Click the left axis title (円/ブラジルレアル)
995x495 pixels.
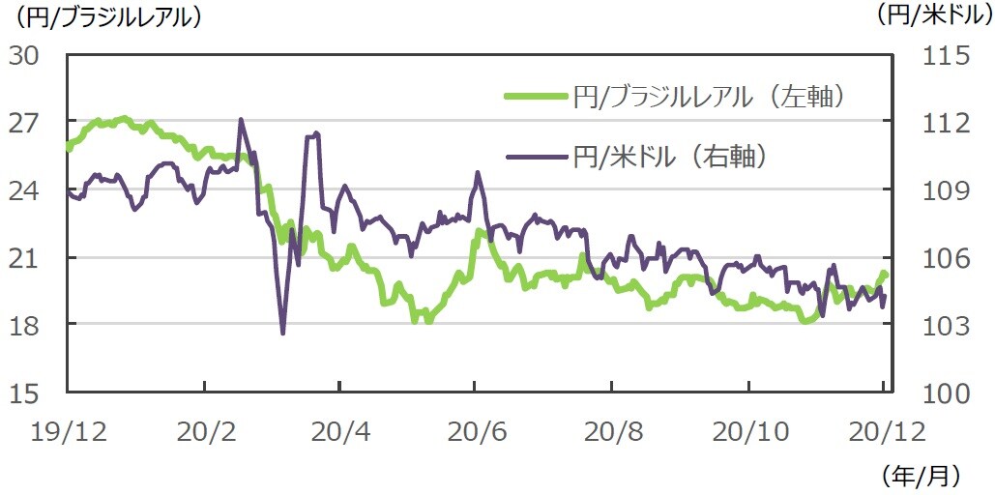tap(107, 16)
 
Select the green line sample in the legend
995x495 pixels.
tap(535, 96)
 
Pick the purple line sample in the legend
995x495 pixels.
tap(535, 157)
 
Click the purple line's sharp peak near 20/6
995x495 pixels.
tap(478, 173)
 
